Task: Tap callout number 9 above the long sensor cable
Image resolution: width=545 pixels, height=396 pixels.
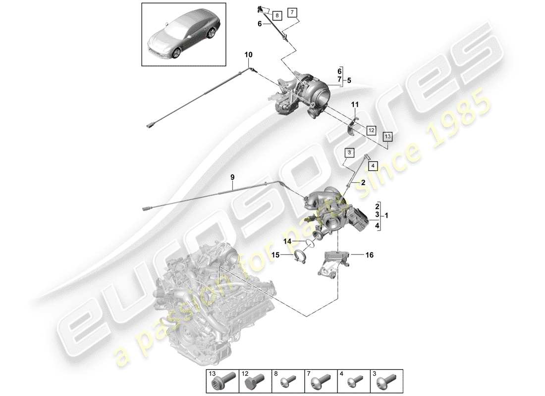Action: (x=232, y=177)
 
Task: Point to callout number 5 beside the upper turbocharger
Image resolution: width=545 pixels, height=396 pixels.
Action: (x=349, y=80)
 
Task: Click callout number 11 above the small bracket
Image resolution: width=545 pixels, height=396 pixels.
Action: (x=354, y=105)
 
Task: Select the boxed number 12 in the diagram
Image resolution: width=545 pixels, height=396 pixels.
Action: (x=371, y=130)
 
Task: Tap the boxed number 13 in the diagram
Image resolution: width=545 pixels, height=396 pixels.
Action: (x=387, y=136)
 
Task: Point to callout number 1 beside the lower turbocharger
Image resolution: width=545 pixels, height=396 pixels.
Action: (x=386, y=215)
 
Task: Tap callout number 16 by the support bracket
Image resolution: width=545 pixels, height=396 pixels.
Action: (x=369, y=255)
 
